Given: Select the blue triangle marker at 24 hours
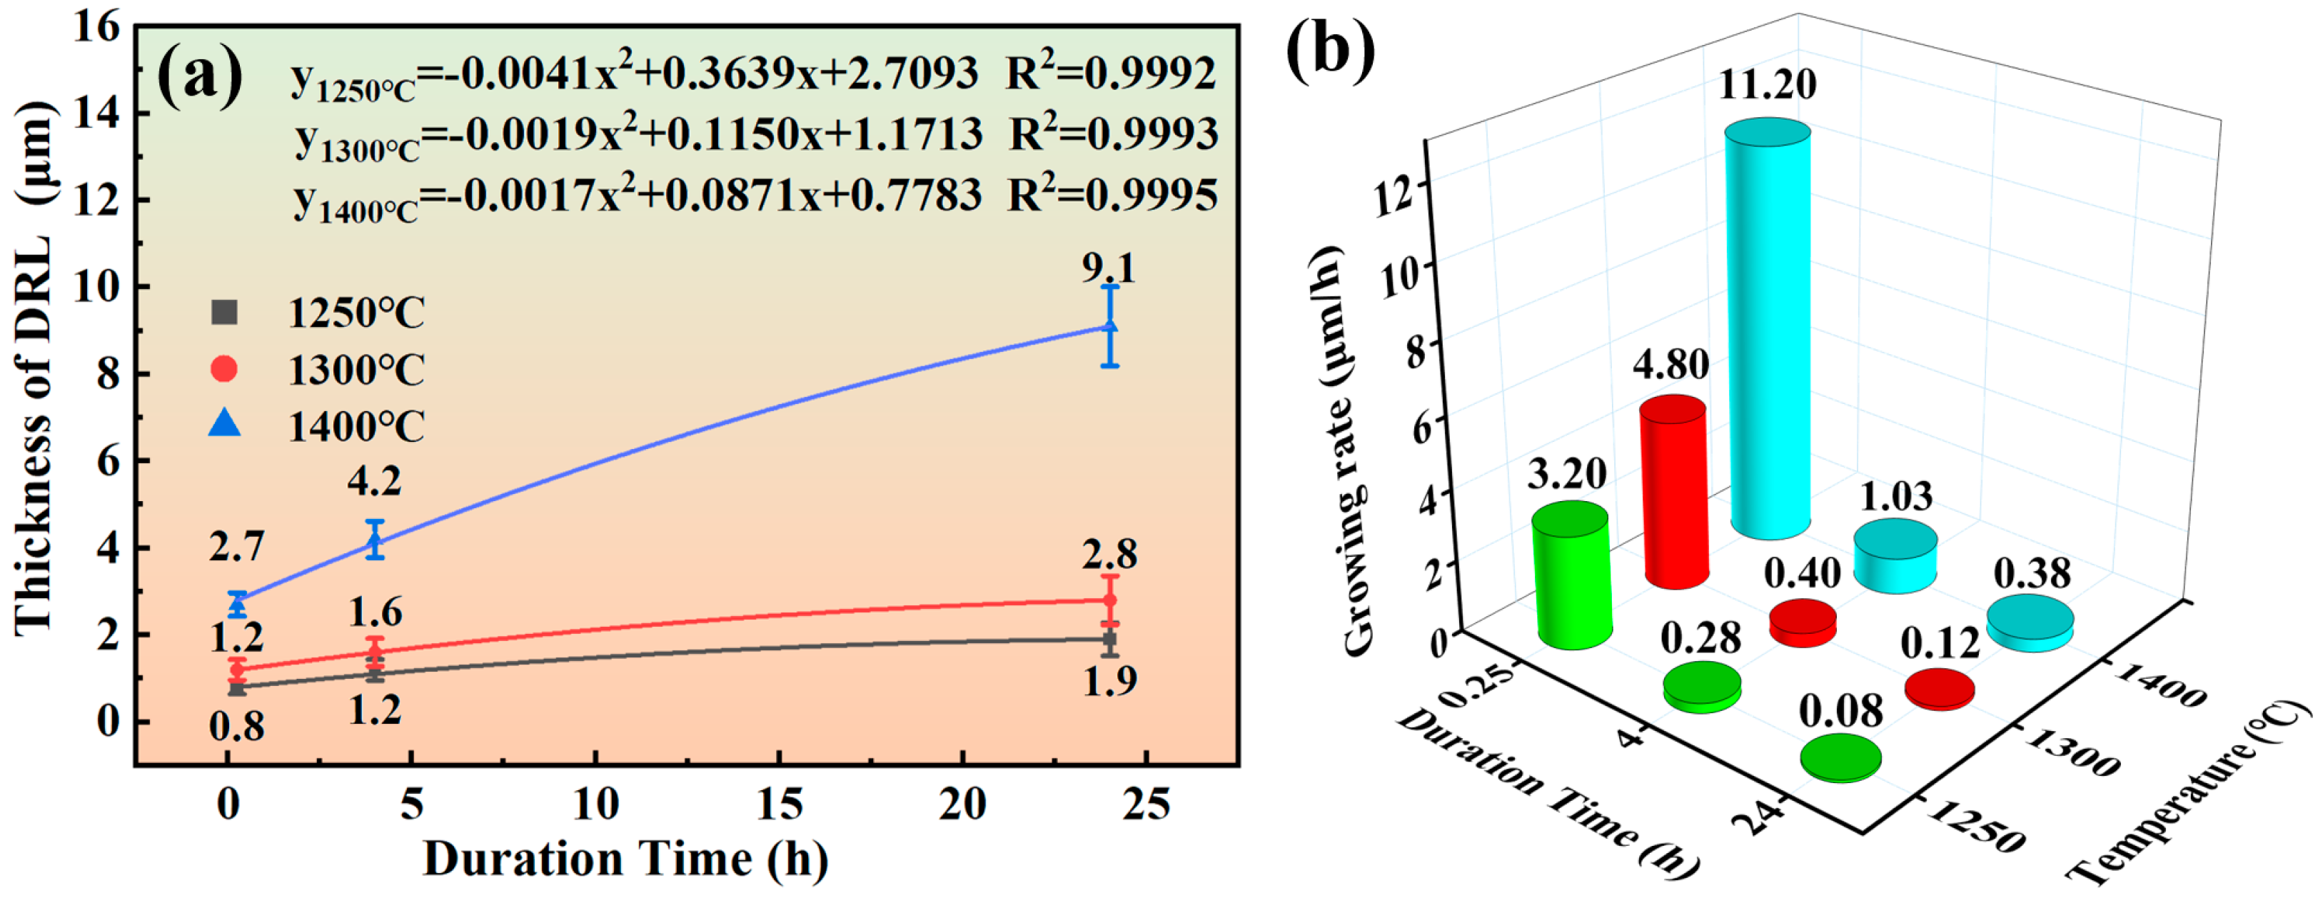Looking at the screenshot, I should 1110,326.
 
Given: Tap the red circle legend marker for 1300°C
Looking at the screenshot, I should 223,369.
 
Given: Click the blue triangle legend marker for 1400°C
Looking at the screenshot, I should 225,423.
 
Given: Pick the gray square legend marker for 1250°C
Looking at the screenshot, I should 223,313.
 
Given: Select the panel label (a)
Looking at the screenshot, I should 199,75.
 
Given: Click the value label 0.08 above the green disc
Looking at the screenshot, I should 1840,712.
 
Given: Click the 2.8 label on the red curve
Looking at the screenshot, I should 1109,554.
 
